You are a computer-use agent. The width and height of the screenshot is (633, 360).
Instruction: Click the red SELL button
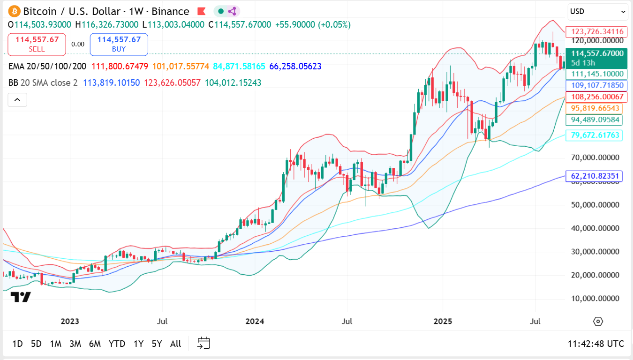pos(37,45)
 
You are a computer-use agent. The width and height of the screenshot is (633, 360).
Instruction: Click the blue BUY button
pos(119,45)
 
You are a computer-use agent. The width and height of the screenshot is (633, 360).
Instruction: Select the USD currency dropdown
pos(597,12)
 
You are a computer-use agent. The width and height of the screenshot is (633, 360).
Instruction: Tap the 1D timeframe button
pos(17,344)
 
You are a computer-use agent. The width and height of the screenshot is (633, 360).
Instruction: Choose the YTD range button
pos(117,344)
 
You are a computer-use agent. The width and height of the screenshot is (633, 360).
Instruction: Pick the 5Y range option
pos(157,344)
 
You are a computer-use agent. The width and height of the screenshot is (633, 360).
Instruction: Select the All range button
pos(175,344)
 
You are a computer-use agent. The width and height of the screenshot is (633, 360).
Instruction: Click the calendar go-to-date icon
pos(203,343)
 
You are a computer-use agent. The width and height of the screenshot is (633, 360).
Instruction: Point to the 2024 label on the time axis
pos(255,321)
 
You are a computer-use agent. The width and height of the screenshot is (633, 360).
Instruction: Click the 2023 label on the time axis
pos(70,321)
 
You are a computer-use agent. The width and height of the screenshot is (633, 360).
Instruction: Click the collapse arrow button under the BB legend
pos(17,99)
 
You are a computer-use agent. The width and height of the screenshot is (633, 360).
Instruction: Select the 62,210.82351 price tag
pos(595,176)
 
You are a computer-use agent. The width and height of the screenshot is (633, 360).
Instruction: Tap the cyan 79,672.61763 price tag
pos(595,135)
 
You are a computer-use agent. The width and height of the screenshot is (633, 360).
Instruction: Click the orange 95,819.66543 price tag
pos(595,108)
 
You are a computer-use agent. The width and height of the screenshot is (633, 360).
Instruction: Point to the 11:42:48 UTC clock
pos(595,344)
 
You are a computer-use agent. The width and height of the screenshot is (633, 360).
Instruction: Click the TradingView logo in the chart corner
pos(21,297)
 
